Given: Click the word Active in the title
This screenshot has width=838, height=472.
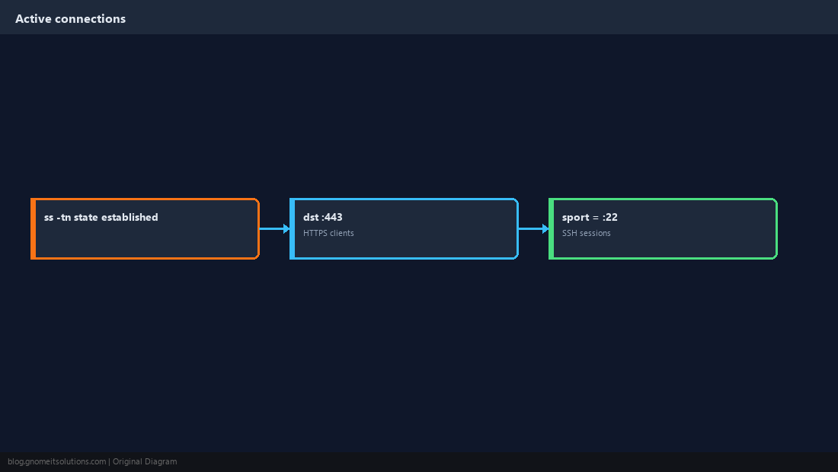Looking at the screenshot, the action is (x=33, y=19).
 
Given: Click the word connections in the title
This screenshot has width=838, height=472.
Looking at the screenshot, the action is (x=91, y=19).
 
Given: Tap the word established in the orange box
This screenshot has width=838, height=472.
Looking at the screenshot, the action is (x=130, y=217).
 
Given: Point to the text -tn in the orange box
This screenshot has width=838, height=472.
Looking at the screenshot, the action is (x=63, y=217).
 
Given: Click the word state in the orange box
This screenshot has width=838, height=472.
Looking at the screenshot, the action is (x=86, y=217).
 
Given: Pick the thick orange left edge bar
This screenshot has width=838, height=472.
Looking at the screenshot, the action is (x=33, y=228).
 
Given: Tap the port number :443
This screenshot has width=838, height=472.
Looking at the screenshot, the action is (x=332, y=217).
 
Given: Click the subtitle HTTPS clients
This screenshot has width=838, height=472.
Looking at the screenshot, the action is (x=328, y=233).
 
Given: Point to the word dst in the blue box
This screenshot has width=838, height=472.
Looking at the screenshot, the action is (x=311, y=217).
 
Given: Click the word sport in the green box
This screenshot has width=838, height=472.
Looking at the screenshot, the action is (x=576, y=218).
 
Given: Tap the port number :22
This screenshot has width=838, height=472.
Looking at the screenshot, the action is (x=609, y=217).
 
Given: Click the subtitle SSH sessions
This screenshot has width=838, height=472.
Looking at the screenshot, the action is (x=587, y=233).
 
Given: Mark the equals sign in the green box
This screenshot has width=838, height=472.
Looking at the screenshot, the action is (x=596, y=218).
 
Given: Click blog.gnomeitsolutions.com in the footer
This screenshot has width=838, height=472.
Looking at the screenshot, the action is (x=56, y=462).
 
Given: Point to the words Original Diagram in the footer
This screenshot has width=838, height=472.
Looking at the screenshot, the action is (x=145, y=462).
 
